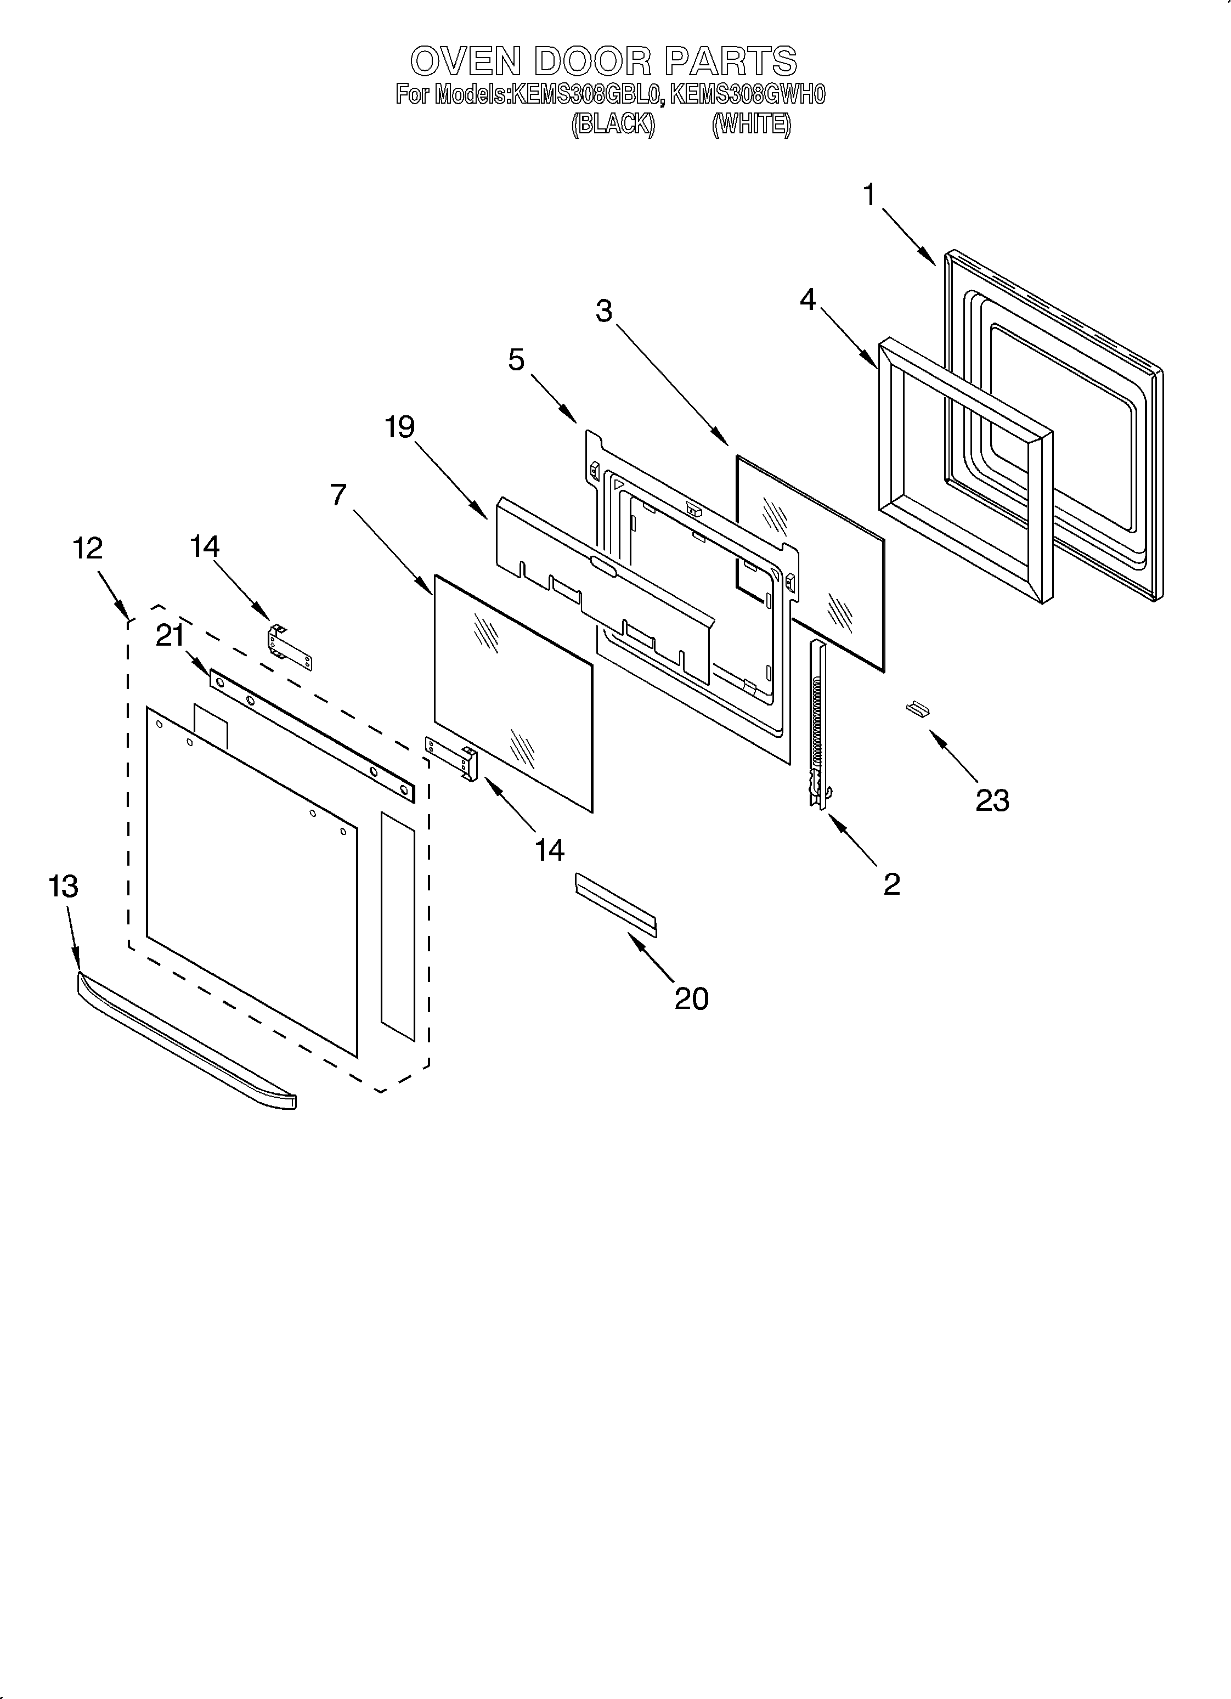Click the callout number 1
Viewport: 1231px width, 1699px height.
(x=868, y=195)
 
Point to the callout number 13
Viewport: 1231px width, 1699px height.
(x=63, y=886)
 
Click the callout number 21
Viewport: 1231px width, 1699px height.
(x=170, y=636)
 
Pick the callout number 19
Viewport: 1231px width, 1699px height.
(x=399, y=427)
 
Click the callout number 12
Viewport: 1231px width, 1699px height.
(x=88, y=549)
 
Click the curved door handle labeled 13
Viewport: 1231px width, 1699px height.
(x=187, y=1041)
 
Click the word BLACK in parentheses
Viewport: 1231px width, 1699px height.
(x=613, y=123)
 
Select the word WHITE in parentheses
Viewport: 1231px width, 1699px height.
(x=751, y=123)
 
